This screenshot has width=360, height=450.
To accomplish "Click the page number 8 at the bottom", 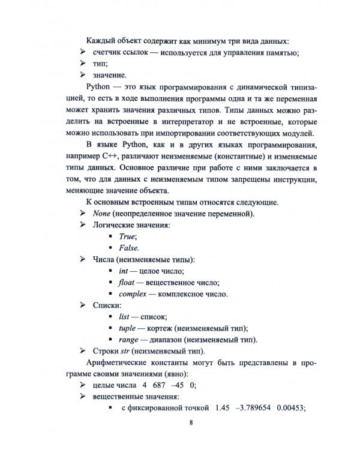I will (x=191, y=425).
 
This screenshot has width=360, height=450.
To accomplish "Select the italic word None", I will (x=102, y=214).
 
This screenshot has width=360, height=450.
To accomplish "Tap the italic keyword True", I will (x=127, y=237).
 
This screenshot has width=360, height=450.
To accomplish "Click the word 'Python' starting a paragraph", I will (x=100, y=88).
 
